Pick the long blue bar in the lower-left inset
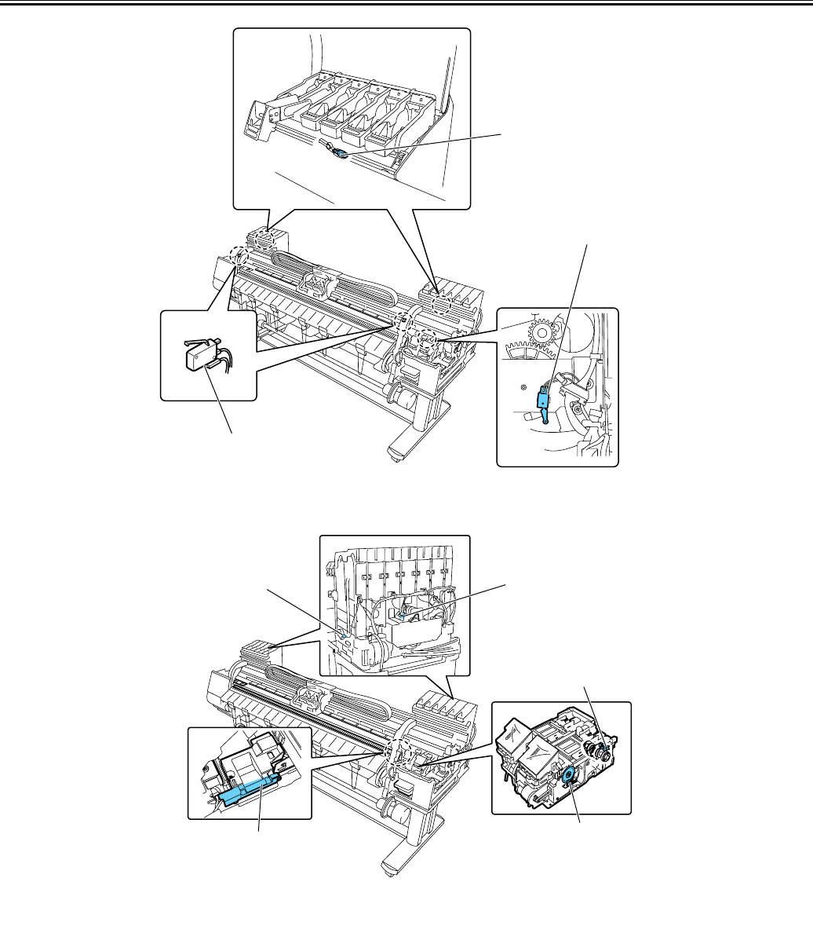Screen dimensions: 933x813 tap(246, 788)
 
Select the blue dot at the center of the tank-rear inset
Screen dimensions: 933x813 tap(403, 617)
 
